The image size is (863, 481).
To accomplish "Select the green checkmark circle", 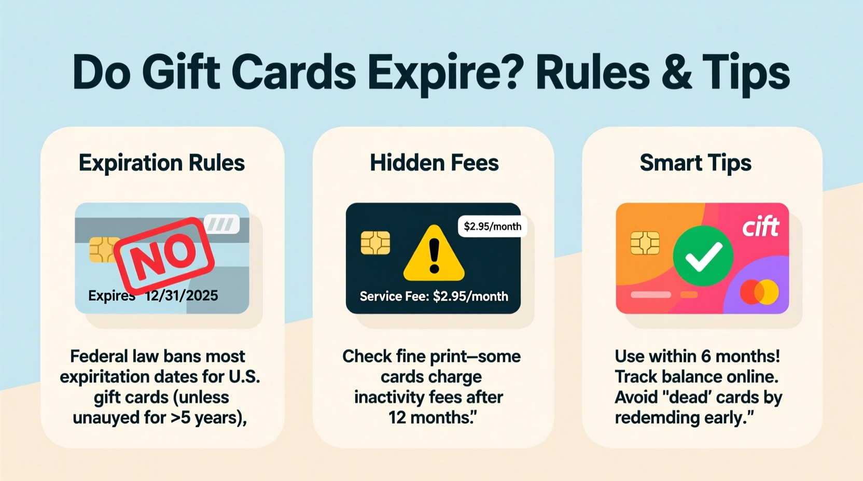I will pyautogui.click(x=703, y=256).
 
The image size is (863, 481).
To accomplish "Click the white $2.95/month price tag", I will pyautogui.click(x=492, y=227).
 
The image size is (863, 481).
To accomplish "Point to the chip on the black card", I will pyautogui.click(x=375, y=243).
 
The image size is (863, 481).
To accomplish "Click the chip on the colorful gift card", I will pyautogui.click(x=645, y=243).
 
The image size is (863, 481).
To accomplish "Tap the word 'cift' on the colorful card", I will pyautogui.click(x=760, y=227).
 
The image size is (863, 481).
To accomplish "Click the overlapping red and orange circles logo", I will pyautogui.click(x=759, y=292).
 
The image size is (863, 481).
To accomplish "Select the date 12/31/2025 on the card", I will pyautogui.click(x=182, y=296).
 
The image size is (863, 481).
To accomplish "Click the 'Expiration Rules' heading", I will pyautogui.click(x=162, y=163).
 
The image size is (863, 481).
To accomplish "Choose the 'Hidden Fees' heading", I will pyautogui.click(x=434, y=163).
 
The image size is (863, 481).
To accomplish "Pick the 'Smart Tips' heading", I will pyautogui.click(x=695, y=163).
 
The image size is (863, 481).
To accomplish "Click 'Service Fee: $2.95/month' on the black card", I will pyautogui.click(x=434, y=296).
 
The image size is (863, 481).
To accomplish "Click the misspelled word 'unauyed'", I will pyautogui.click(x=107, y=418).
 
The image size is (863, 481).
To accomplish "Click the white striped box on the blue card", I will pyautogui.click(x=222, y=224).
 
